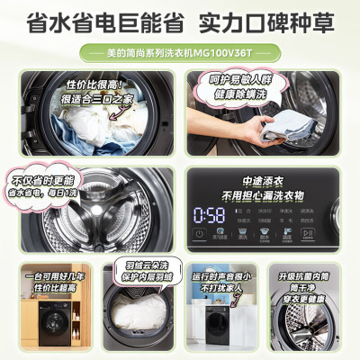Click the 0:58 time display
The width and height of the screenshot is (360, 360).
pos(211,213)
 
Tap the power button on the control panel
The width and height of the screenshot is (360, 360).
pos(200,236)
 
